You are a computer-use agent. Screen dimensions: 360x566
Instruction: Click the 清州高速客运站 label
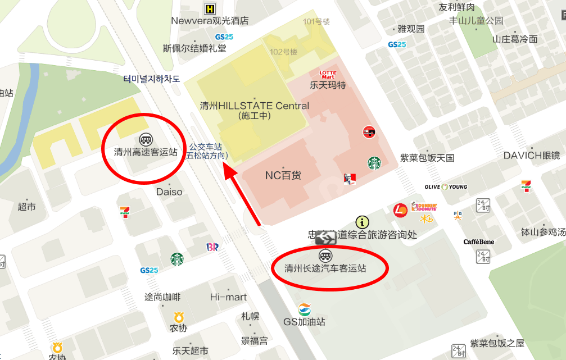tap(146, 152)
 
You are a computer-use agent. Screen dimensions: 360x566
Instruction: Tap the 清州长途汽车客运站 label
tap(325, 268)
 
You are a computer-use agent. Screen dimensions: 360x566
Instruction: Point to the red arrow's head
tap(227, 169)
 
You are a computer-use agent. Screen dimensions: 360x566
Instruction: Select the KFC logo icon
tap(350, 180)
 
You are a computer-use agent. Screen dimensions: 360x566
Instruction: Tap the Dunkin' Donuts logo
tap(424, 206)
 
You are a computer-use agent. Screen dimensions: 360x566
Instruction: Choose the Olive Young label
tap(446, 187)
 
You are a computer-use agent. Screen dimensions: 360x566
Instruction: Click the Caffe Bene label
tap(479, 242)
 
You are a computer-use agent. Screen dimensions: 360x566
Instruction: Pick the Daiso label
tap(169, 192)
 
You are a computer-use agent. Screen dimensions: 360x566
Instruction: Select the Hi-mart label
tap(228, 297)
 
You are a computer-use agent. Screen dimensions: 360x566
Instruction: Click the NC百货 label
tap(283, 176)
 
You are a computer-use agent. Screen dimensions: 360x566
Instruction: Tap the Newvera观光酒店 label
tap(210, 21)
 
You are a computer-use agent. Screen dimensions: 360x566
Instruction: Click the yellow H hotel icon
tap(210, 8)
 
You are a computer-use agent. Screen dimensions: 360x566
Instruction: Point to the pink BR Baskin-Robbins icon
tap(212, 247)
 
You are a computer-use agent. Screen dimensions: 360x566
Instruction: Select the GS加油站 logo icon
tap(304, 309)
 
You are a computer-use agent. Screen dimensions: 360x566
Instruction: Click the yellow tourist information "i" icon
tap(363, 222)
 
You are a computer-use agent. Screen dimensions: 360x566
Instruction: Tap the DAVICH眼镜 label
tap(532, 156)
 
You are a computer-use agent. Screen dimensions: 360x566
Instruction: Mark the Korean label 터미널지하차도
tap(152, 79)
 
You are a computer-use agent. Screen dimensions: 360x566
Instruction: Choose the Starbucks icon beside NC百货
tap(374, 163)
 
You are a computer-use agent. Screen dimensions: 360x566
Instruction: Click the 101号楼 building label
tap(316, 22)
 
